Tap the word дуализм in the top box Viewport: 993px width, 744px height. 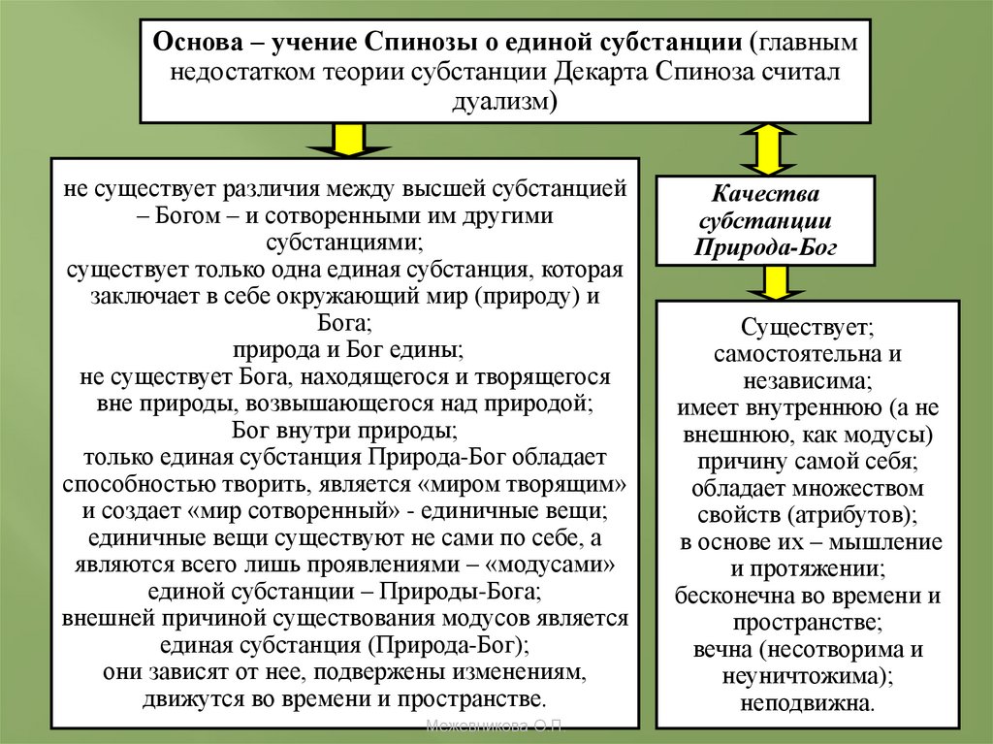coord(505,102)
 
